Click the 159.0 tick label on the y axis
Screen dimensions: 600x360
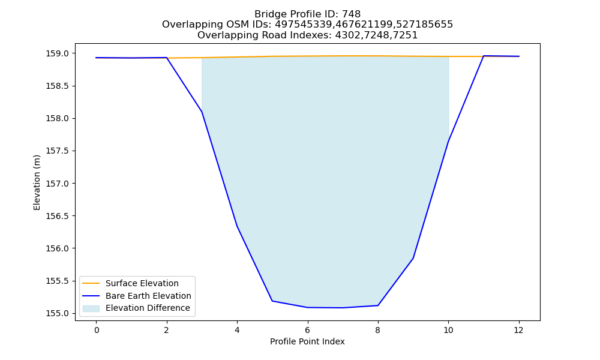point(58,53)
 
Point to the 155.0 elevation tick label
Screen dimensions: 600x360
point(58,314)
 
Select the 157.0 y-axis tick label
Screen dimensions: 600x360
point(58,184)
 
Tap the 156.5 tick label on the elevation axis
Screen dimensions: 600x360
point(58,216)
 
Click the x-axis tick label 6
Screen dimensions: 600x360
point(308,330)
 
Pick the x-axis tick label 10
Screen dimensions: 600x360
point(448,330)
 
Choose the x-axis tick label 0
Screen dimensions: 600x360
point(97,330)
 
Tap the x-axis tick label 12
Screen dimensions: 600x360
point(519,330)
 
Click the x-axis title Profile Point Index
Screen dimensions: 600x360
point(307,341)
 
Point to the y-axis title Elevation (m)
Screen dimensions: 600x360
point(37,182)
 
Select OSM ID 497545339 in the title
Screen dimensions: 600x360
point(303,25)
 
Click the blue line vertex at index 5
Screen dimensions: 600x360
point(272,301)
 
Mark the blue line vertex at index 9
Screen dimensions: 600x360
point(413,258)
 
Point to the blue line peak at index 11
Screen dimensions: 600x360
point(484,56)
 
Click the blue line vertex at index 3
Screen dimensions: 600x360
point(202,112)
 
